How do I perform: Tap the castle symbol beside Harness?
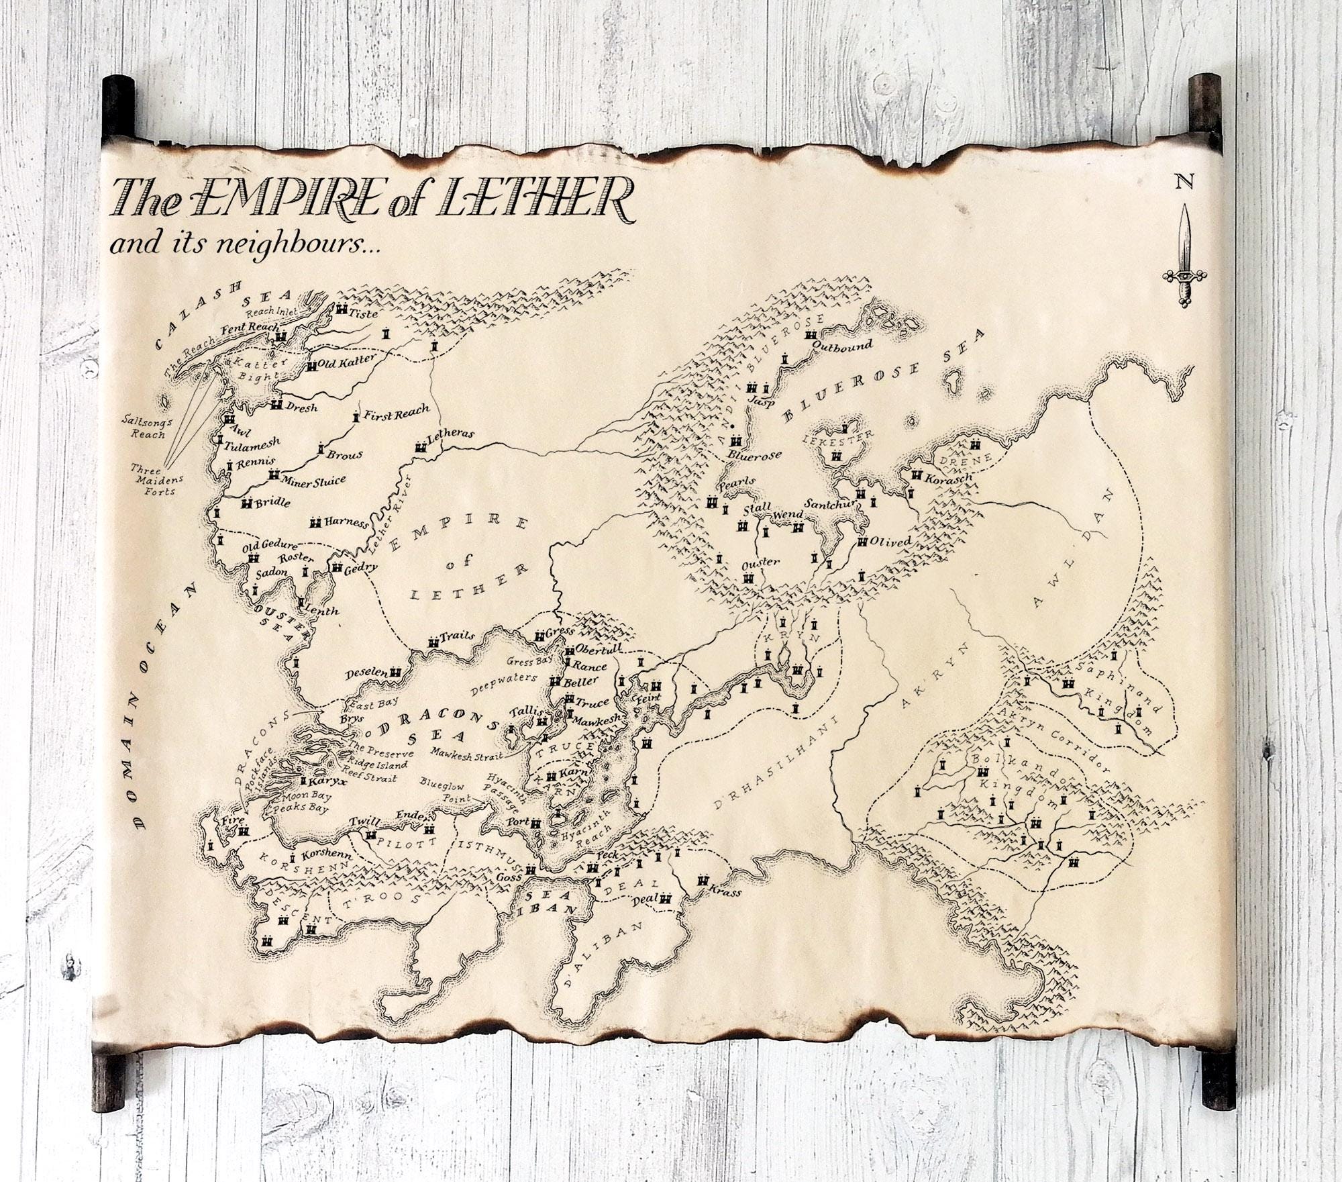click(315, 522)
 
